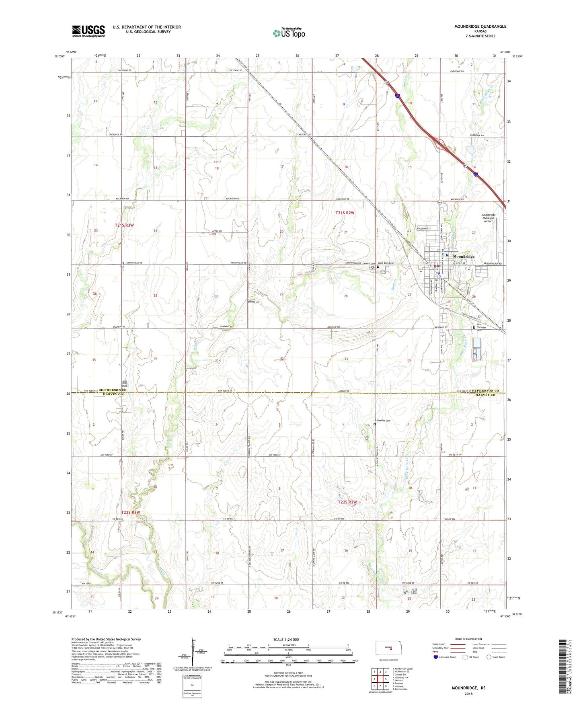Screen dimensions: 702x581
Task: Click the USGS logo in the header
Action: tap(88, 31)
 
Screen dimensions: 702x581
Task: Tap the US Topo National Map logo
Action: tap(289, 33)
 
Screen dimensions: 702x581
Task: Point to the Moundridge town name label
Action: tap(464, 257)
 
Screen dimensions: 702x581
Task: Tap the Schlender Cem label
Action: tap(383, 421)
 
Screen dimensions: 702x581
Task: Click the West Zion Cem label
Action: tap(385, 263)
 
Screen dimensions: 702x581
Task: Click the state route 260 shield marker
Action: tap(440, 203)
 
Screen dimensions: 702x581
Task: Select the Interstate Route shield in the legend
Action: tap(436, 657)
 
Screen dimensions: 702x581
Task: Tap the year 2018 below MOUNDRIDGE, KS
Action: tap(468, 694)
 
